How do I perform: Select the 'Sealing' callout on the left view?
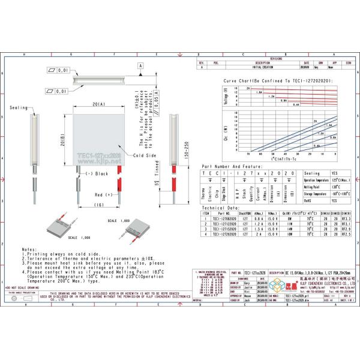coord(19,107)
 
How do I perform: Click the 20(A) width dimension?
coord(99,104)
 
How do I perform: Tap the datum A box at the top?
coord(140,64)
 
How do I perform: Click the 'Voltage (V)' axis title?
coord(226,97)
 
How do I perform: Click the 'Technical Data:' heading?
coord(220,208)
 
